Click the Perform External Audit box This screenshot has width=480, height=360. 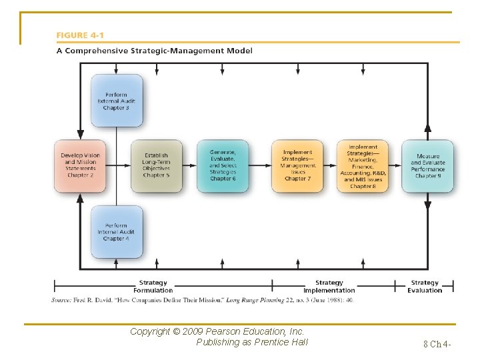pyautogui.click(x=117, y=100)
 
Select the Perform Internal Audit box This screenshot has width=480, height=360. pyautogui.click(x=117, y=231)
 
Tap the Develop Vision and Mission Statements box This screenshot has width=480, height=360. pyautogui.click(x=80, y=165)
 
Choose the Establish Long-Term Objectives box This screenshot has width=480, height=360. pyautogui.click(x=156, y=165)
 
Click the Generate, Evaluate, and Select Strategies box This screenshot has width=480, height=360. pyautogui.click(x=223, y=165)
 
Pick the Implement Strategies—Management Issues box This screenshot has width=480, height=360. pyautogui.click(x=297, y=165)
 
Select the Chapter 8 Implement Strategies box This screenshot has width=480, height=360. pyautogui.click(x=362, y=166)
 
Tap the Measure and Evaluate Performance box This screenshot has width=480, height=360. pyautogui.click(x=427, y=166)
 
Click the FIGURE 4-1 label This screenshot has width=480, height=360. pyautogui.click(x=80, y=35)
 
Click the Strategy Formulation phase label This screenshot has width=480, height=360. pyautogui.click(x=153, y=287)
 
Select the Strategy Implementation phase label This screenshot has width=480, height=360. pyautogui.click(x=329, y=287)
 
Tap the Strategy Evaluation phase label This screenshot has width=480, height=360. pyautogui.click(x=425, y=287)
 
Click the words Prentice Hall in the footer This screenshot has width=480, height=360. pyautogui.click(x=281, y=342)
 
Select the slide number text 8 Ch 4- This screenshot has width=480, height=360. pyautogui.click(x=437, y=344)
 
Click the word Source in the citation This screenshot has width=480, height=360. pyautogui.click(x=61, y=300)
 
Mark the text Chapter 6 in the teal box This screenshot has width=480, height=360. pyautogui.click(x=223, y=179)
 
